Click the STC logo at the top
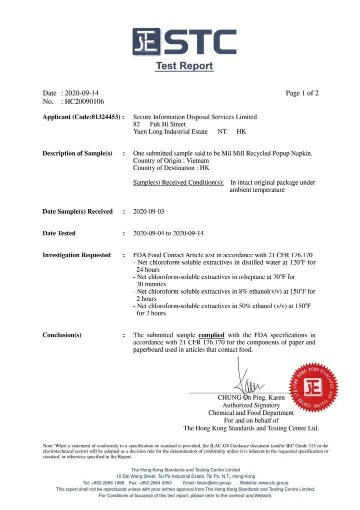point(184,42)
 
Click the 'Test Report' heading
point(184,66)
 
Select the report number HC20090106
point(84,102)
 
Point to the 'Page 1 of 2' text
point(302,93)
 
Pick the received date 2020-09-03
point(148,212)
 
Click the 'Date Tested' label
point(59,234)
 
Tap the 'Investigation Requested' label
point(76,255)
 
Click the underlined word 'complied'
point(211,335)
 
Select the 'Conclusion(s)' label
point(62,335)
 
